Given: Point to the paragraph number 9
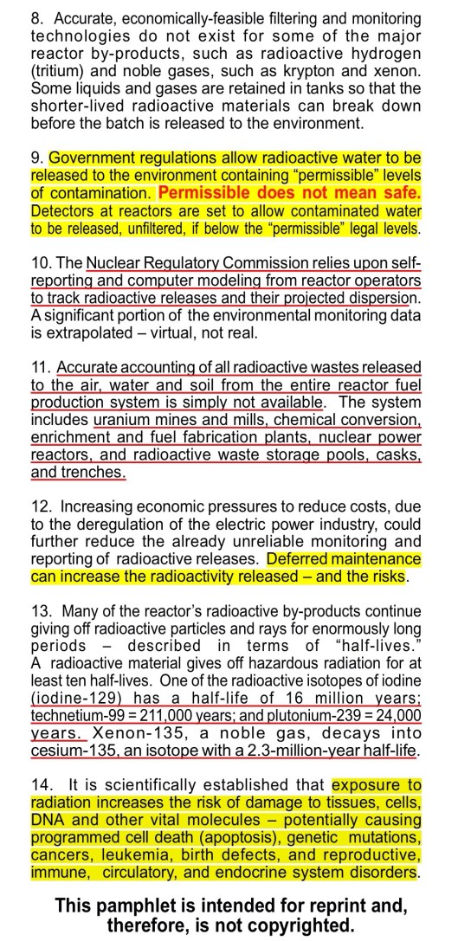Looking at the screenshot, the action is coord(36,158).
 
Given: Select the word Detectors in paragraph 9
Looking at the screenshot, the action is coord(60,211).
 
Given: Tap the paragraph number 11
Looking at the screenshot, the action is coord(39,368).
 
